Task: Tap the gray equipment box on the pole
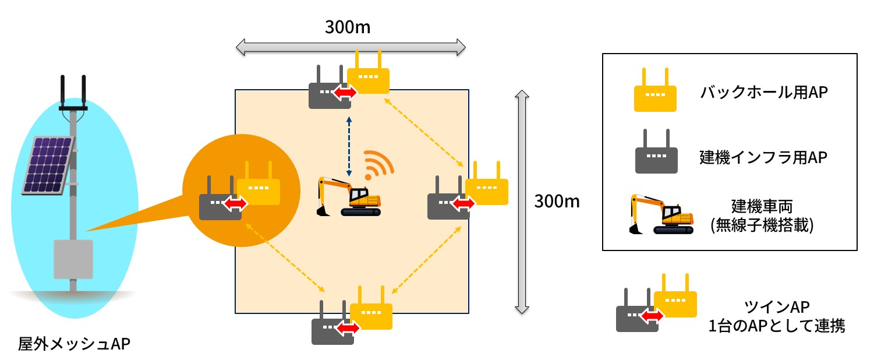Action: pyautogui.click(x=73, y=259)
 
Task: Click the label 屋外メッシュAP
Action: pyautogui.click(x=74, y=344)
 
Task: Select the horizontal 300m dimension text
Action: pyautogui.click(x=348, y=27)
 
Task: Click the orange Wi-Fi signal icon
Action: pyautogui.click(x=378, y=165)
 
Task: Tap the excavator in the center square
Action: pyautogui.click(x=349, y=196)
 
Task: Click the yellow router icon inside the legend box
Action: pyautogui.click(x=655, y=91)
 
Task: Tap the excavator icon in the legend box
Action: pyautogui.click(x=662, y=215)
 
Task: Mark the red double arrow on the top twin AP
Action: pyautogui.click(x=345, y=93)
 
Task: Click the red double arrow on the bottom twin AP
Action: pyautogui.click(x=348, y=329)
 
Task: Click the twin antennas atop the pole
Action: pyautogui.click(x=73, y=92)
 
